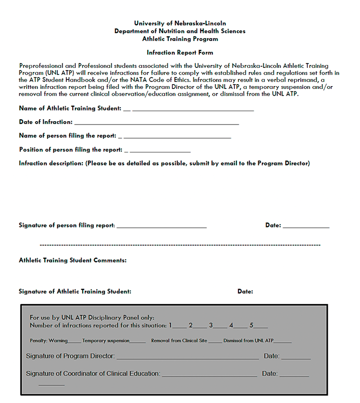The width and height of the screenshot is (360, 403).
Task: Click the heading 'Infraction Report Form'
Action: pos(180,52)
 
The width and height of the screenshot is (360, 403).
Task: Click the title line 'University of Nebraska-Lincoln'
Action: pos(180,23)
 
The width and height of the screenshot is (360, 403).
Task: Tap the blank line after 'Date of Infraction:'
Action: pos(156,123)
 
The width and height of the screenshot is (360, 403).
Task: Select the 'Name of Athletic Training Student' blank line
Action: pos(193,110)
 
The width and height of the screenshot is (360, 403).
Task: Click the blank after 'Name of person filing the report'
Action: pos(177,137)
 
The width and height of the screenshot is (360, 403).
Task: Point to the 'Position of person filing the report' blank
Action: pos(160,151)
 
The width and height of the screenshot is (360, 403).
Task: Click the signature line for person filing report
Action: pos(161,226)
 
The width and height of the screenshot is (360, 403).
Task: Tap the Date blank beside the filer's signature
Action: pos(306,226)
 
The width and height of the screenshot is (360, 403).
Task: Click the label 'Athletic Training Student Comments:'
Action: pos(73,260)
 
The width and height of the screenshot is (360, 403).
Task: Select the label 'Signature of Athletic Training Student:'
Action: pos(75,291)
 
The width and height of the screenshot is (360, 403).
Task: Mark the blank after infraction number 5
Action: pos(261,327)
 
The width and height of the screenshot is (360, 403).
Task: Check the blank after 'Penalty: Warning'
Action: pos(75,342)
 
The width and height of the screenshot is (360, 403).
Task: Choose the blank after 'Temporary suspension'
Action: pos(138,342)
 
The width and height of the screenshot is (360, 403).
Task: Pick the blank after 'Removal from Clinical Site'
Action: pos(215,342)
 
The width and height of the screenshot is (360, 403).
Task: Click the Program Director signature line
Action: pos(188,358)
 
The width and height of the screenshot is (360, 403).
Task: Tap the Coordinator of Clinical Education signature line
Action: pos(209,376)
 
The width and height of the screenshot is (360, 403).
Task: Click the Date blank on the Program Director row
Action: pos(296,358)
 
